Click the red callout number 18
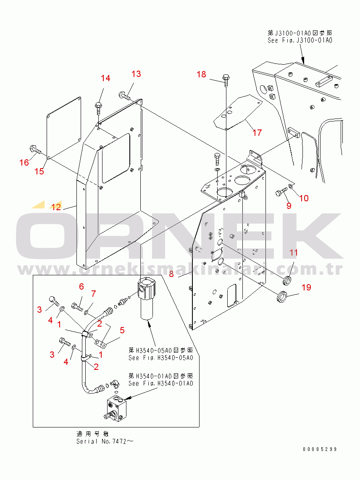point(202,74)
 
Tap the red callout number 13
point(136,74)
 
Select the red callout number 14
point(105,78)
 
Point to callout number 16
point(24,162)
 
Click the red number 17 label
point(257,133)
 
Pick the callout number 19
point(306,287)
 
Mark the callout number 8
point(171,274)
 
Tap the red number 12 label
point(56,207)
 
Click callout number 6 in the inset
point(81,287)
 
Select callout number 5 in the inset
point(122,330)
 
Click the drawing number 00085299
point(320,449)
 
